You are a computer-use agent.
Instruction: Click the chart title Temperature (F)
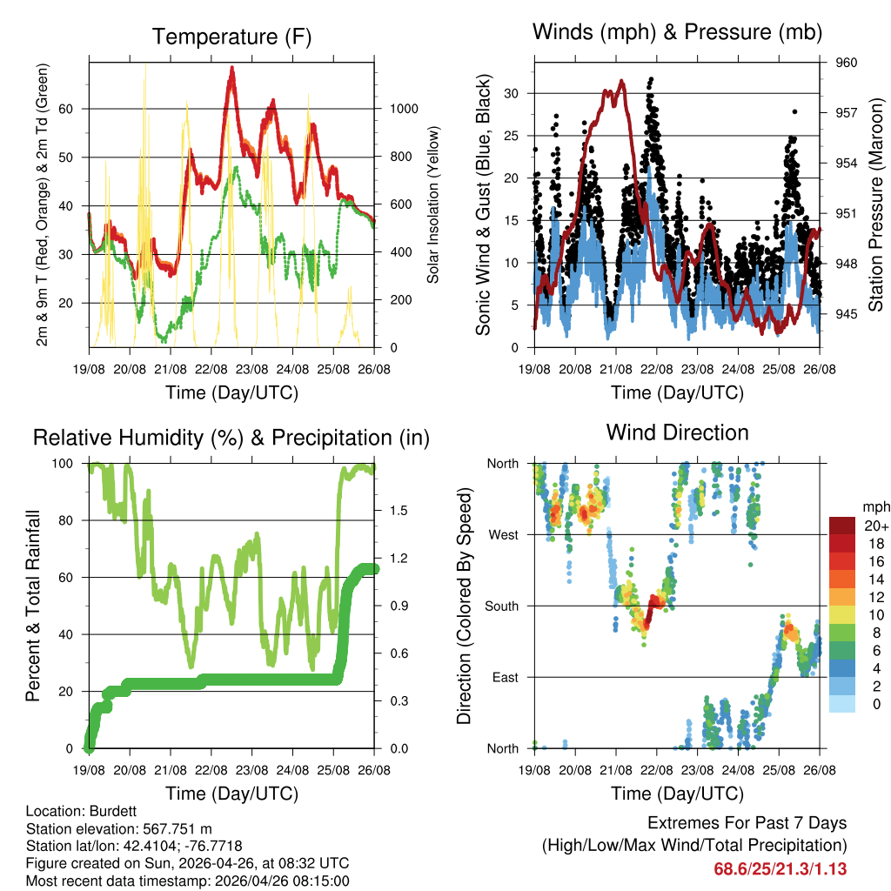(x=231, y=37)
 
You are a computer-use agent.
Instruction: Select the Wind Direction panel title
(x=677, y=432)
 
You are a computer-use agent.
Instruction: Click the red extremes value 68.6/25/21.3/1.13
(x=780, y=868)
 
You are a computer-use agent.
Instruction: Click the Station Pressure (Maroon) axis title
(x=876, y=205)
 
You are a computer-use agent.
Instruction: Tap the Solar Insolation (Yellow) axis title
(x=432, y=205)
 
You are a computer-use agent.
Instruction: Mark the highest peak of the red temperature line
(x=232, y=69)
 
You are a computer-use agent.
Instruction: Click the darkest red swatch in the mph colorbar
(x=842, y=526)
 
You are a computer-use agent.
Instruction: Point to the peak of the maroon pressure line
(x=621, y=81)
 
